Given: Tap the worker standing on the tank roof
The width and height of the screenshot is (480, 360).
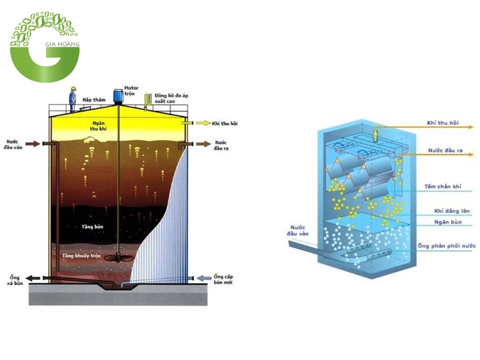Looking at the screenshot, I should pyautogui.click(x=72, y=98).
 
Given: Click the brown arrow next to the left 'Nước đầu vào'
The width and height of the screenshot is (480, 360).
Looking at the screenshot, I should pyautogui.click(x=34, y=144).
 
